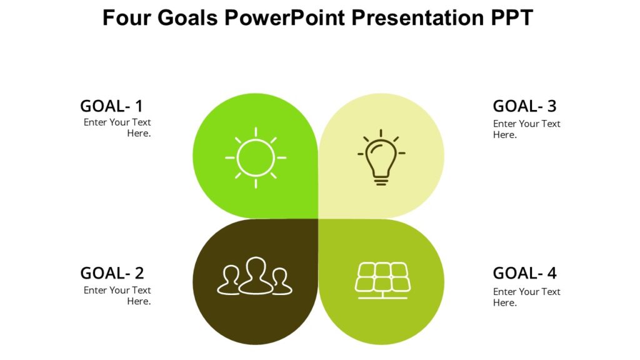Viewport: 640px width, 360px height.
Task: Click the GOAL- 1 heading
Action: [111, 106]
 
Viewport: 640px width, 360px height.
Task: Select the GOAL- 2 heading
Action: [112, 273]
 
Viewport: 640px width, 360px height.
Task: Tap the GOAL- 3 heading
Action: [524, 106]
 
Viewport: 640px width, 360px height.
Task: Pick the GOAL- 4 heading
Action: [524, 273]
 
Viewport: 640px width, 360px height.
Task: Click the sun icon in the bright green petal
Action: [256, 157]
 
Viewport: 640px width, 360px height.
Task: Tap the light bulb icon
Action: [381, 157]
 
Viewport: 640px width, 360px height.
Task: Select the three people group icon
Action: [255, 276]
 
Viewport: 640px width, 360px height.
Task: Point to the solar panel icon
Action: [382, 279]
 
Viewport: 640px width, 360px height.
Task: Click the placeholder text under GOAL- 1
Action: [117, 127]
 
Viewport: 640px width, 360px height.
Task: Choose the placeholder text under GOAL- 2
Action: [117, 296]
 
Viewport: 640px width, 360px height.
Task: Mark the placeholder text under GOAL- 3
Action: [526, 129]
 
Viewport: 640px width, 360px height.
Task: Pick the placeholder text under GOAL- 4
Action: [526, 297]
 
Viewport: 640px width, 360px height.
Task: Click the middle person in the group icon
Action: [256, 275]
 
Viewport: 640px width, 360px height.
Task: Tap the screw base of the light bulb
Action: [381, 181]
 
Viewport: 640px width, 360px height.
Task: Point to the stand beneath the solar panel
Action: [382, 295]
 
